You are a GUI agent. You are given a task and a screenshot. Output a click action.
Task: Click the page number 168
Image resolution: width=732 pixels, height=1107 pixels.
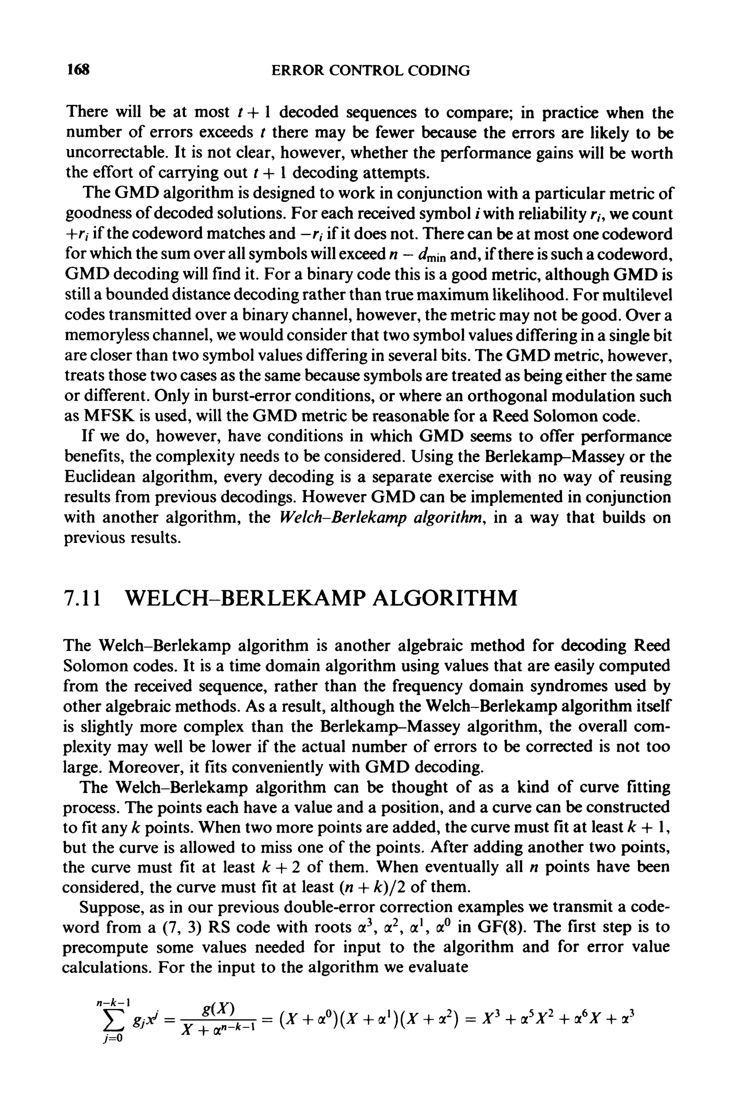pyautogui.click(x=78, y=70)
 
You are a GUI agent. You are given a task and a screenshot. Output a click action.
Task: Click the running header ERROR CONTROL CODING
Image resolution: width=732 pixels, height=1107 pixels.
pyautogui.click(x=371, y=70)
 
